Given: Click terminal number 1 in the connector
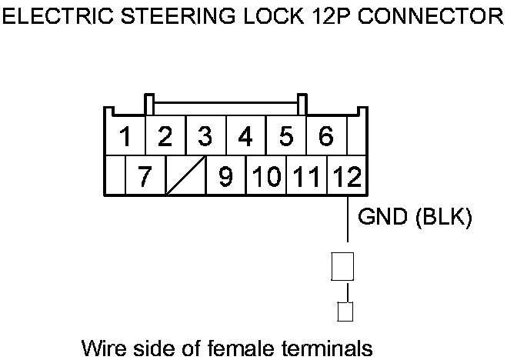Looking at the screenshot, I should click(x=124, y=137).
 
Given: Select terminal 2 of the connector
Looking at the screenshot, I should click(x=164, y=137).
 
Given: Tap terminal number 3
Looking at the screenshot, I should click(x=205, y=137).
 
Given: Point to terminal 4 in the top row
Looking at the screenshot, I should click(x=245, y=137).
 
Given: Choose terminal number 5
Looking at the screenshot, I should click(x=286, y=137).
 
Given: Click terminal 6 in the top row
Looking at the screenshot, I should click(x=325, y=137).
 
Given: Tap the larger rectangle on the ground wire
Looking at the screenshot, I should click(x=342, y=266).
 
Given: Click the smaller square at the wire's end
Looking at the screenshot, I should click(x=345, y=311).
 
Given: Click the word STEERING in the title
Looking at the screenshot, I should click(x=170, y=18).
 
